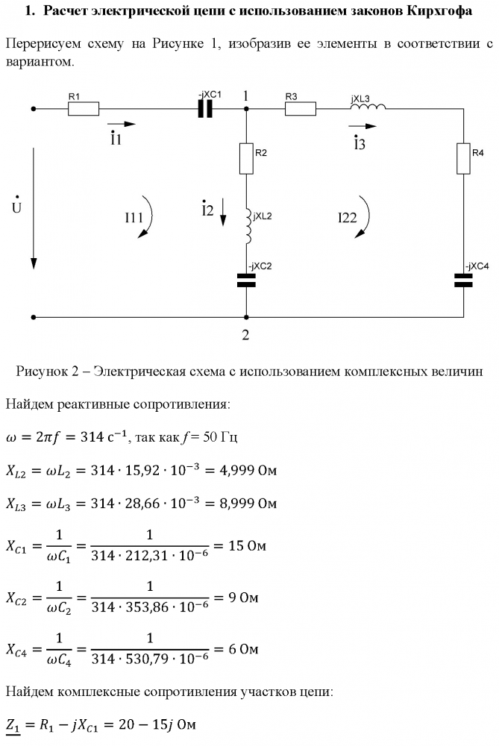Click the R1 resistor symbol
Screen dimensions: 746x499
(x=83, y=109)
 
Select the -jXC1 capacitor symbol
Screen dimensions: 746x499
(x=206, y=109)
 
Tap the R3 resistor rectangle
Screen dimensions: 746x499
(x=300, y=109)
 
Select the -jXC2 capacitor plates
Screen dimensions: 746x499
(x=245, y=280)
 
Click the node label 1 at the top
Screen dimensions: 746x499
(x=245, y=96)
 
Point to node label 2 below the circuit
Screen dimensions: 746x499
(x=245, y=334)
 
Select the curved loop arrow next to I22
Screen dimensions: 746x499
(x=365, y=216)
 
